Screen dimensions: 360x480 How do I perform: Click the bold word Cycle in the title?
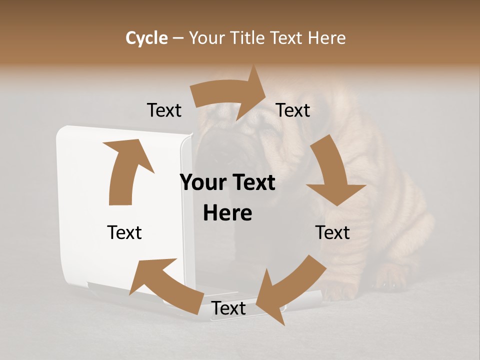click(x=146, y=38)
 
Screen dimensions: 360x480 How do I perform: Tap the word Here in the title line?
click(x=327, y=38)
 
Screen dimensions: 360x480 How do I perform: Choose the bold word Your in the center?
click(x=204, y=183)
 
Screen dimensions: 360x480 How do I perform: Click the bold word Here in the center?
click(x=227, y=213)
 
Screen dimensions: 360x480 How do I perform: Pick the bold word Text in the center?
click(x=253, y=183)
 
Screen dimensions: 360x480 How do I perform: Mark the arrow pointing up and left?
click(x=165, y=285)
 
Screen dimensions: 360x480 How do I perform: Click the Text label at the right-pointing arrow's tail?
click(x=164, y=110)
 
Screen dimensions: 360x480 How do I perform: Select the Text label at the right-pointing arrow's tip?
click(x=293, y=110)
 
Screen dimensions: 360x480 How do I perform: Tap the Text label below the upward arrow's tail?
click(x=124, y=232)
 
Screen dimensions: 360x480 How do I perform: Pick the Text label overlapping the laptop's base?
click(x=229, y=308)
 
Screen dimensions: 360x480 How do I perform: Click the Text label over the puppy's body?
click(x=332, y=232)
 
